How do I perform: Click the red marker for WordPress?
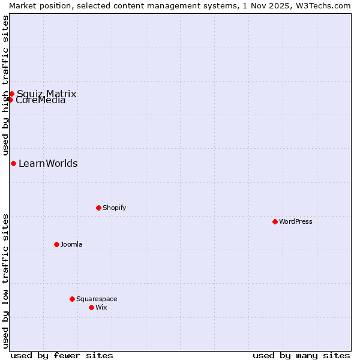[275, 221]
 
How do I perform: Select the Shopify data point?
[98, 208]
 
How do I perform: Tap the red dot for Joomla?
[56, 244]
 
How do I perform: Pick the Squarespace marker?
[72, 299]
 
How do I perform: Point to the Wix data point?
[91, 307]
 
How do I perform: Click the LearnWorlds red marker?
[13, 163]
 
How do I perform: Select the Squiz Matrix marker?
[11, 94]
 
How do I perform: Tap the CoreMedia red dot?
[10, 100]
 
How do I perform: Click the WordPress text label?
[296, 221]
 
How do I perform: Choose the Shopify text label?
[114, 208]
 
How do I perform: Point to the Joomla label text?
[71, 244]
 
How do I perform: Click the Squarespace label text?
[97, 299]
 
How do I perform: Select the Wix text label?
[101, 307]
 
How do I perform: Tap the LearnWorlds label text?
[48, 163]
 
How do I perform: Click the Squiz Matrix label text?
[47, 94]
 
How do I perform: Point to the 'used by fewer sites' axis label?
[62, 355]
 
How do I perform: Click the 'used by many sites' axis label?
[301, 355]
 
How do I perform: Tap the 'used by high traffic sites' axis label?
[5, 85]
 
